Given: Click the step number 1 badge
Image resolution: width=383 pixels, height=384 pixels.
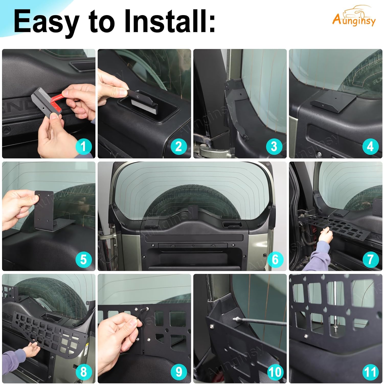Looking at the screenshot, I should pos(83,147).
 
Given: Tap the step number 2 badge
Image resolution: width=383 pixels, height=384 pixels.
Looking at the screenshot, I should pos(179,147).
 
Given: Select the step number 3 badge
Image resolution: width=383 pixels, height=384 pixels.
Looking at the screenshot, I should pos(274,147).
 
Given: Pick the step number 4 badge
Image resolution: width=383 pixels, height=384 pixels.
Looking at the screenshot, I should pos(370,147).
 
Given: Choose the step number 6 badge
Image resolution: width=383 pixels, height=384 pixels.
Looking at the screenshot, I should pos(275,259).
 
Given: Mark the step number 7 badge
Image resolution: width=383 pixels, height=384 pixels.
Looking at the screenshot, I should pos(370,259).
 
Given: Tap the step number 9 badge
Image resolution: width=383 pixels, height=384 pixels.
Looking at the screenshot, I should pos(179,372).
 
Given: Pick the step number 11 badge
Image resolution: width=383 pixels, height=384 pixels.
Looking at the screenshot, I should pos(370,372).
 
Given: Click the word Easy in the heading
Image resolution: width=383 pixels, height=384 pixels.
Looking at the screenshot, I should pos(46,22).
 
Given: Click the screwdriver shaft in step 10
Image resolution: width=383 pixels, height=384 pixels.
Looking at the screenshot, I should pos(263,322).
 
